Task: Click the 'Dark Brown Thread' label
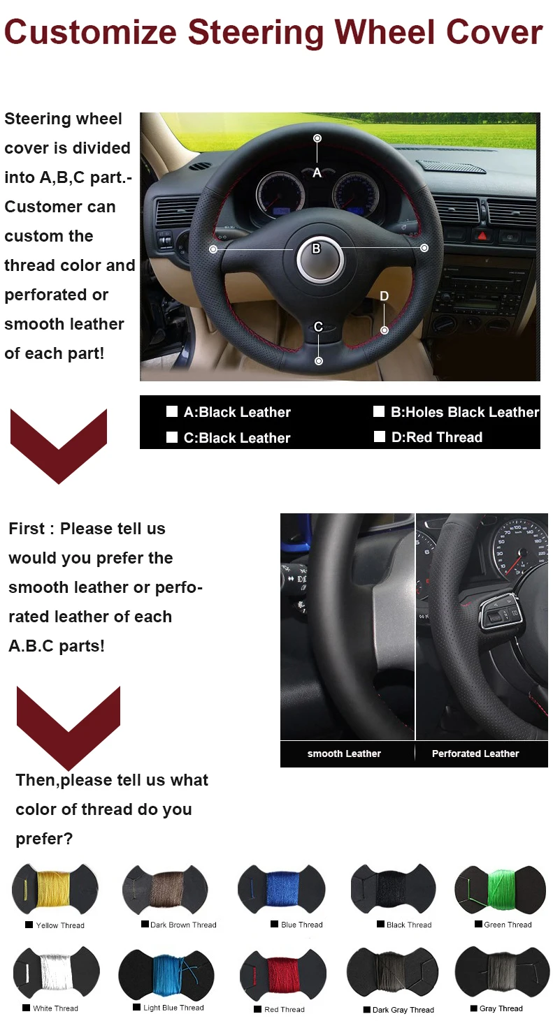[x=183, y=925]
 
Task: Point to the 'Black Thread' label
[x=409, y=925]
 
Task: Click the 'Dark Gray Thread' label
[x=403, y=1010]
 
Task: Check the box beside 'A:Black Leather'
[x=172, y=411]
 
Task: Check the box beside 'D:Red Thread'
[x=380, y=437]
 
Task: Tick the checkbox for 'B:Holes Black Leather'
[x=379, y=411]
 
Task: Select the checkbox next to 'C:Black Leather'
[x=172, y=438]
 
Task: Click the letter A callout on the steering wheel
[x=317, y=172]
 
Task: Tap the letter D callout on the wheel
[x=384, y=296]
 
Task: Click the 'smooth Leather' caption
[x=344, y=754]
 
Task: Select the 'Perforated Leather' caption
[x=475, y=754]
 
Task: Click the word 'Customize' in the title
[x=90, y=33]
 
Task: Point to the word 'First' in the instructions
[x=27, y=529]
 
